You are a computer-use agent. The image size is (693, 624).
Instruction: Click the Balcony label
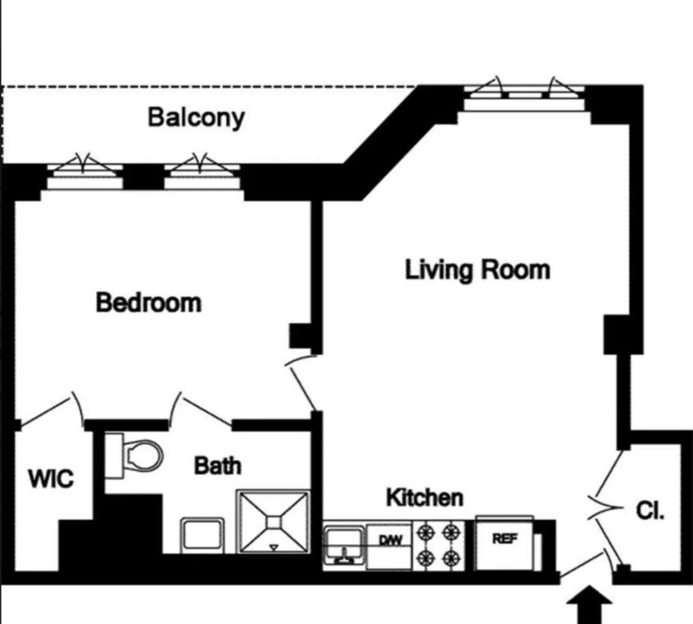click(x=196, y=118)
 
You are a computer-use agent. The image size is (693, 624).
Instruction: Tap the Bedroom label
click(x=148, y=302)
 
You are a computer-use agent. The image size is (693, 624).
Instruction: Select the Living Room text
click(x=478, y=270)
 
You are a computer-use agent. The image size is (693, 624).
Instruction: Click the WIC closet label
click(x=50, y=479)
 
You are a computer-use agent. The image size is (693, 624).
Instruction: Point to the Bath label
click(x=218, y=466)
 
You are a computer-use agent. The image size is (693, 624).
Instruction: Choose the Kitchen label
click(x=424, y=497)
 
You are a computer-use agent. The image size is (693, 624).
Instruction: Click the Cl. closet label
click(x=650, y=510)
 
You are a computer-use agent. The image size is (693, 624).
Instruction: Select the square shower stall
click(x=274, y=522)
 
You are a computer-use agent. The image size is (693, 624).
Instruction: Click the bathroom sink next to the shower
click(x=202, y=535)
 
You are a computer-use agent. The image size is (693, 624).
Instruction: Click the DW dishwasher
click(x=390, y=546)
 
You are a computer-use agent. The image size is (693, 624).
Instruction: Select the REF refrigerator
click(x=505, y=543)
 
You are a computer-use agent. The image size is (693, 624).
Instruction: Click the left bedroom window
click(x=84, y=174)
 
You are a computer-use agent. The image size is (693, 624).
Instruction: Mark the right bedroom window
click(x=202, y=174)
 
